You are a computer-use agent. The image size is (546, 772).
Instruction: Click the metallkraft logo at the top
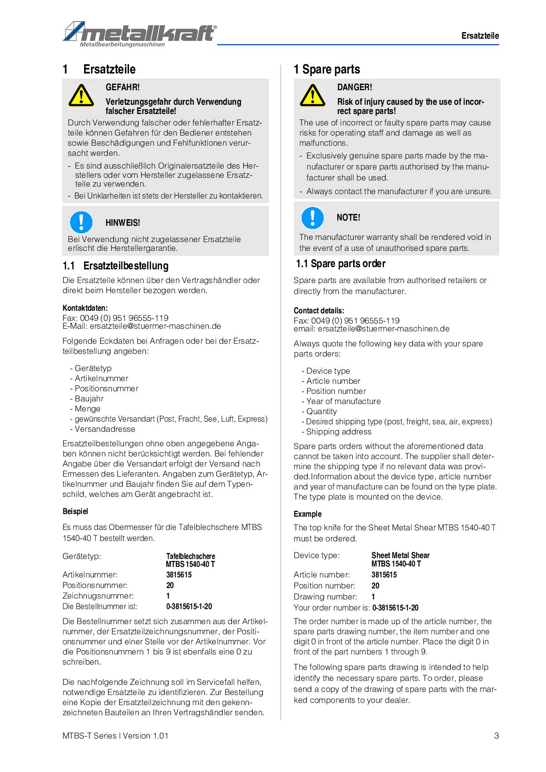coord(140,33)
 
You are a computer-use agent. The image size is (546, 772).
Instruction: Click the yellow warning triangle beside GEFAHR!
coord(81,96)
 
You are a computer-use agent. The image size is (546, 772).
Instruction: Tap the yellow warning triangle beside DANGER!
coord(312,96)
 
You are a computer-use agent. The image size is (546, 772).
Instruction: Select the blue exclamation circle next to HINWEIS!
coord(81,222)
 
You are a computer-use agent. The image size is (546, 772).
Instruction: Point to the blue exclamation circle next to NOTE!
coord(312,217)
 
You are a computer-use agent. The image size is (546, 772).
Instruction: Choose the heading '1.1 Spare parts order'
coord(340,264)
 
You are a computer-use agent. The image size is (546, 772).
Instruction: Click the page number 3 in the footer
coord(496,735)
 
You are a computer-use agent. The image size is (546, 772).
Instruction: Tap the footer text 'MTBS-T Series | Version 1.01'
coord(115,735)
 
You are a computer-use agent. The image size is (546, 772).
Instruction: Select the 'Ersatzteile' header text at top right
coord(480,36)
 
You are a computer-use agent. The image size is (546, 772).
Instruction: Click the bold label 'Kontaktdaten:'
coord(85,308)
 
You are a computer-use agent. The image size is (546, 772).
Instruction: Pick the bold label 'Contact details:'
coord(319,311)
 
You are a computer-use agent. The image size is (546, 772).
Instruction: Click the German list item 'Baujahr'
coord(89,399)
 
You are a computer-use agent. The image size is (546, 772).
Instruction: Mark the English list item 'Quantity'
coord(321,412)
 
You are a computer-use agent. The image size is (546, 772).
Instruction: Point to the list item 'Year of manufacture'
coord(343,401)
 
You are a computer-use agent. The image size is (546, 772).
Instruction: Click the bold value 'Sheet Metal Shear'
coord(400,555)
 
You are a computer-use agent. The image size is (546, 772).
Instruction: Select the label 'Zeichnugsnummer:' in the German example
coord(98,596)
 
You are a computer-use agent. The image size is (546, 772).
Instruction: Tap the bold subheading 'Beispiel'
coord(75,511)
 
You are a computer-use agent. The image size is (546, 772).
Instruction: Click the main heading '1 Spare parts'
coord(327,70)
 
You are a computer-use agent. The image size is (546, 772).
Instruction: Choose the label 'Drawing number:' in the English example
coord(325,597)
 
